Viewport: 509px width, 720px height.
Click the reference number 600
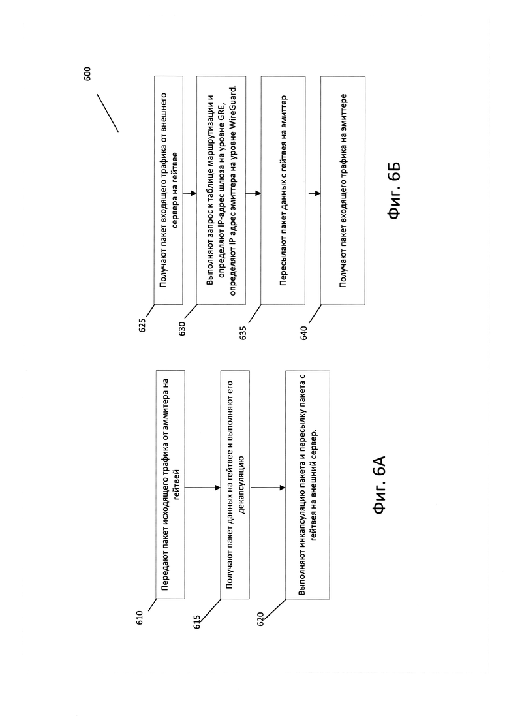87,74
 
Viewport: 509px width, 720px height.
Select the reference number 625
142,325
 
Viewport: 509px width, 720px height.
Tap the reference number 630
182,329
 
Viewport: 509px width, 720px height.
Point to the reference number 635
243,332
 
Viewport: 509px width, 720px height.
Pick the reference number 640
303,333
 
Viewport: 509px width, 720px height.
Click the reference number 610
140,618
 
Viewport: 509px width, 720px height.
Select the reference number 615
197,622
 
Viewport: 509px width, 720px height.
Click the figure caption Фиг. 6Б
394,190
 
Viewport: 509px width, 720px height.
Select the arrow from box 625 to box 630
190,193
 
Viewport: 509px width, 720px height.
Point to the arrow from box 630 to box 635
253,193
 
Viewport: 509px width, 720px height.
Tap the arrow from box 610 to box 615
202,488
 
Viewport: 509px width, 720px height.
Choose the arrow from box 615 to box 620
268,488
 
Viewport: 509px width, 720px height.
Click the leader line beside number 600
108,113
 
